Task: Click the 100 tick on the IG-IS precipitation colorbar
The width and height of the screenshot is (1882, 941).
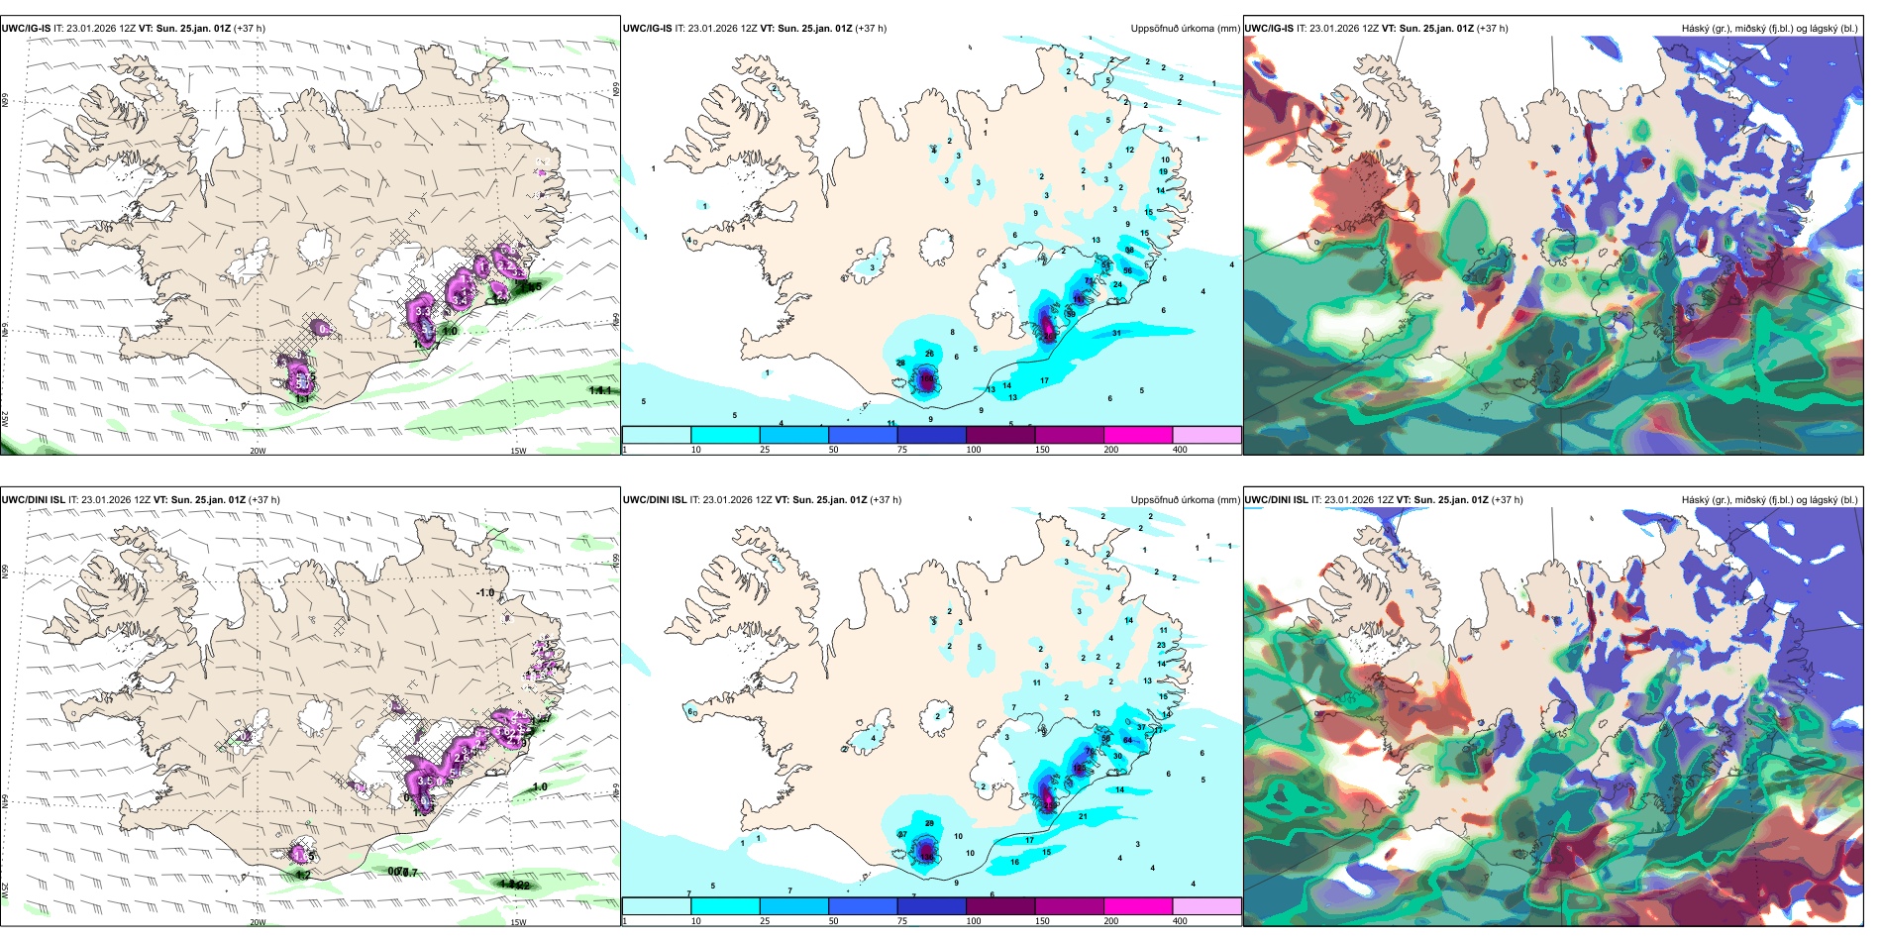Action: (x=974, y=450)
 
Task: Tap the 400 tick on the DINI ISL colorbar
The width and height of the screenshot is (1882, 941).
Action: (x=1180, y=921)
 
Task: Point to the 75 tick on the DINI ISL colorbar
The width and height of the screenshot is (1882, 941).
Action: (x=902, y=921)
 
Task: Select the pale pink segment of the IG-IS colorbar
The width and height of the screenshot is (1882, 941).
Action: (x=1206, y=435)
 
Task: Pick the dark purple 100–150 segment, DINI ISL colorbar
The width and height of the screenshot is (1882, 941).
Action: (x=1000, y=906)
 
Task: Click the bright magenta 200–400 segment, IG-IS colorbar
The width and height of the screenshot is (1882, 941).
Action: (x=1138, y=435)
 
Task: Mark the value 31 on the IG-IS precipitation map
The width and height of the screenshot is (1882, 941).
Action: (x=1116, y=333)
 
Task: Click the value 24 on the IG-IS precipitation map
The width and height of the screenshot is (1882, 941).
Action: (x=1117, y=284)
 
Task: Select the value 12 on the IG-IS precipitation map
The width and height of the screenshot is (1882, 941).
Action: (x=1129, y=150)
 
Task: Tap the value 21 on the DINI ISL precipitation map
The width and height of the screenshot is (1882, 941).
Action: (x=1083, y=816)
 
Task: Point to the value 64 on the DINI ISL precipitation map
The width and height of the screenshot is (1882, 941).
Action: (x=1127, y=740)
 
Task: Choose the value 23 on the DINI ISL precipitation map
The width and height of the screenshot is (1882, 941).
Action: (x=1162, y=645)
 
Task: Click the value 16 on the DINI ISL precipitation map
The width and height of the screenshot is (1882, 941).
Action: (x=1014, y=862)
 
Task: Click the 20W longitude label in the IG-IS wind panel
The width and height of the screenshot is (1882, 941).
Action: (x=258, y=451)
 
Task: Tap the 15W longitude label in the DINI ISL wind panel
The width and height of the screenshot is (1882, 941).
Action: (x=518, y=922)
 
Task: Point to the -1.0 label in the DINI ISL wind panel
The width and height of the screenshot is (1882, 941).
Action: (x=484, y=592)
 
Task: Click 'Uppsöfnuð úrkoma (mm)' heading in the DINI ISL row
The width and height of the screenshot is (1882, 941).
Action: (x=1185, y=500)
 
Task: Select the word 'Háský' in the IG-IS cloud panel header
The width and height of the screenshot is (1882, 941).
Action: (x=1695, y=29)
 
